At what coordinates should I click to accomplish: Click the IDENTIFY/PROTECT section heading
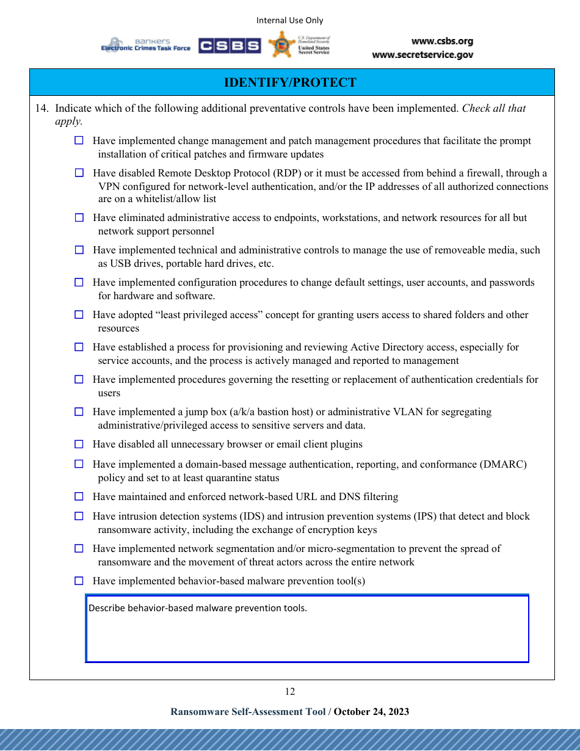tap(290, 82)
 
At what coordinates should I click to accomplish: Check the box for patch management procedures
tap(79, 140)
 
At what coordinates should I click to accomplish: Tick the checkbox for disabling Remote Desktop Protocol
tap(79, 173)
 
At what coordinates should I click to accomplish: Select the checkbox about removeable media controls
tap(79, 250)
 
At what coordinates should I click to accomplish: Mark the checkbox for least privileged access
tap(79, 314)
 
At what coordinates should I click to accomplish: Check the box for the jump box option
tap(79, 412)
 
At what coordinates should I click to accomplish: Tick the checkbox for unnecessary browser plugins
tap(79, 444)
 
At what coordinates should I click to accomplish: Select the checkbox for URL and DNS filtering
tap(79, 496)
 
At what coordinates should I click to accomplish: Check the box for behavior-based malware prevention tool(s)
tap(79, 581)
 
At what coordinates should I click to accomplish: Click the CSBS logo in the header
tap(230, 46)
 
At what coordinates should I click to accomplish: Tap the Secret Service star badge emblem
tap(281, 45)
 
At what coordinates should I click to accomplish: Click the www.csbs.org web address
tap(442, 42)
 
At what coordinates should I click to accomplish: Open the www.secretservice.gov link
tap(422, 55)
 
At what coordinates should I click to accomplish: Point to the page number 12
tap(289, 691)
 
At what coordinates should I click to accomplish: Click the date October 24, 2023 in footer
tap(371, 711)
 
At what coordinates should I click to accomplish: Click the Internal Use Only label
tap(289, 20)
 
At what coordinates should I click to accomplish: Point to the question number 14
tap(41, 108)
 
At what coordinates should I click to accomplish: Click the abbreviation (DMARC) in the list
tap(504, 464)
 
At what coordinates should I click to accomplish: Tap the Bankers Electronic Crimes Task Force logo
tap(146, 45)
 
